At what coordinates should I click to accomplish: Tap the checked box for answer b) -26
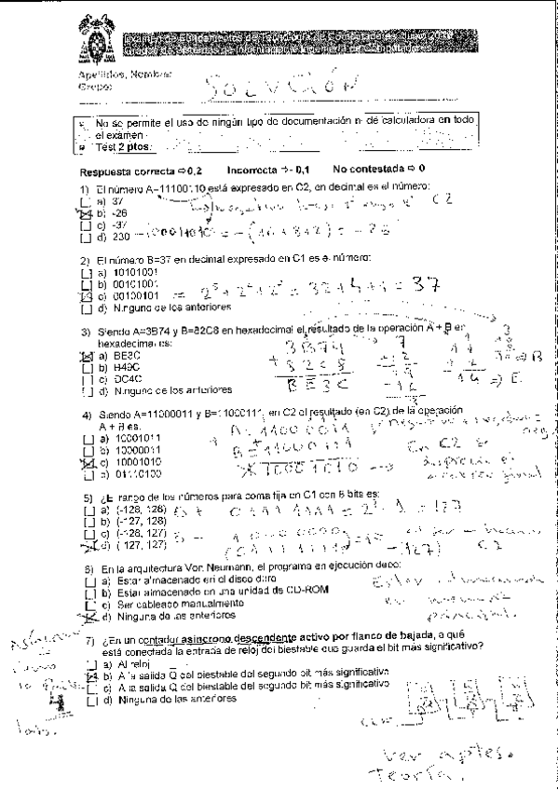tap(85, 211)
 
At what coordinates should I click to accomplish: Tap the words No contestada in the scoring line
tap(369, 170)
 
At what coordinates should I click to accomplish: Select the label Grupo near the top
tap(94, 87)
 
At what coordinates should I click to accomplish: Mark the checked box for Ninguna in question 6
tap(87, 617)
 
